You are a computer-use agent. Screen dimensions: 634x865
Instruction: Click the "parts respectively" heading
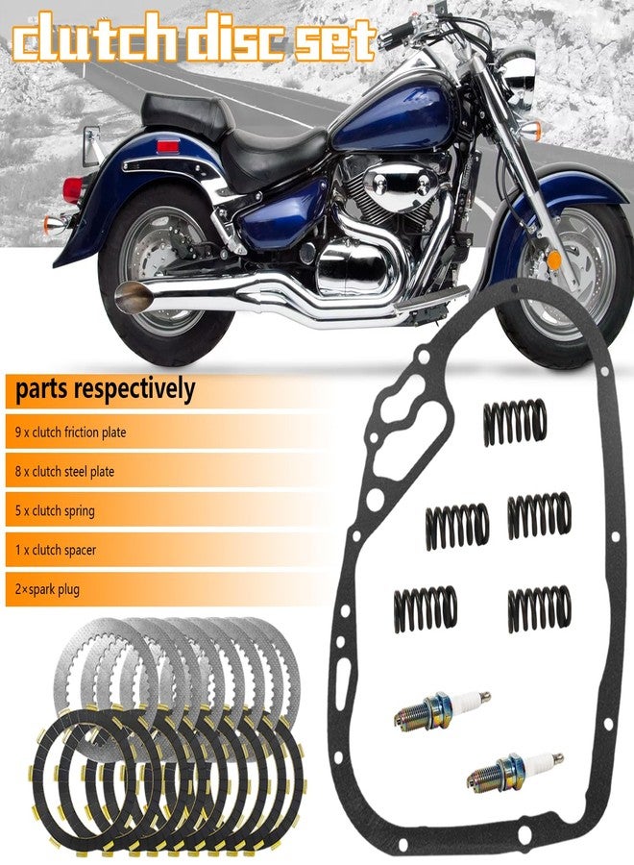pos(105,389)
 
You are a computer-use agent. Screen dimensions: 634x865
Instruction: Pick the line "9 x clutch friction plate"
pos(70,432)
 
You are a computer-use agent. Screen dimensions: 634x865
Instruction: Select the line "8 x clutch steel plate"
pos(65,472)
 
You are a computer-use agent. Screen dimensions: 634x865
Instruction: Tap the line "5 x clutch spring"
pos(55,511)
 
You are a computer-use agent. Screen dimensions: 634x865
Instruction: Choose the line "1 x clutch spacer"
pos(56,550)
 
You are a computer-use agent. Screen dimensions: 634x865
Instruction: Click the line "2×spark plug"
pos(47,589)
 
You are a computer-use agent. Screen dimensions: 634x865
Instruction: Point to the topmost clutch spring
pos(515,422)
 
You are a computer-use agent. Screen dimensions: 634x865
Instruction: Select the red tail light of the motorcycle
pos(73,190)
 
